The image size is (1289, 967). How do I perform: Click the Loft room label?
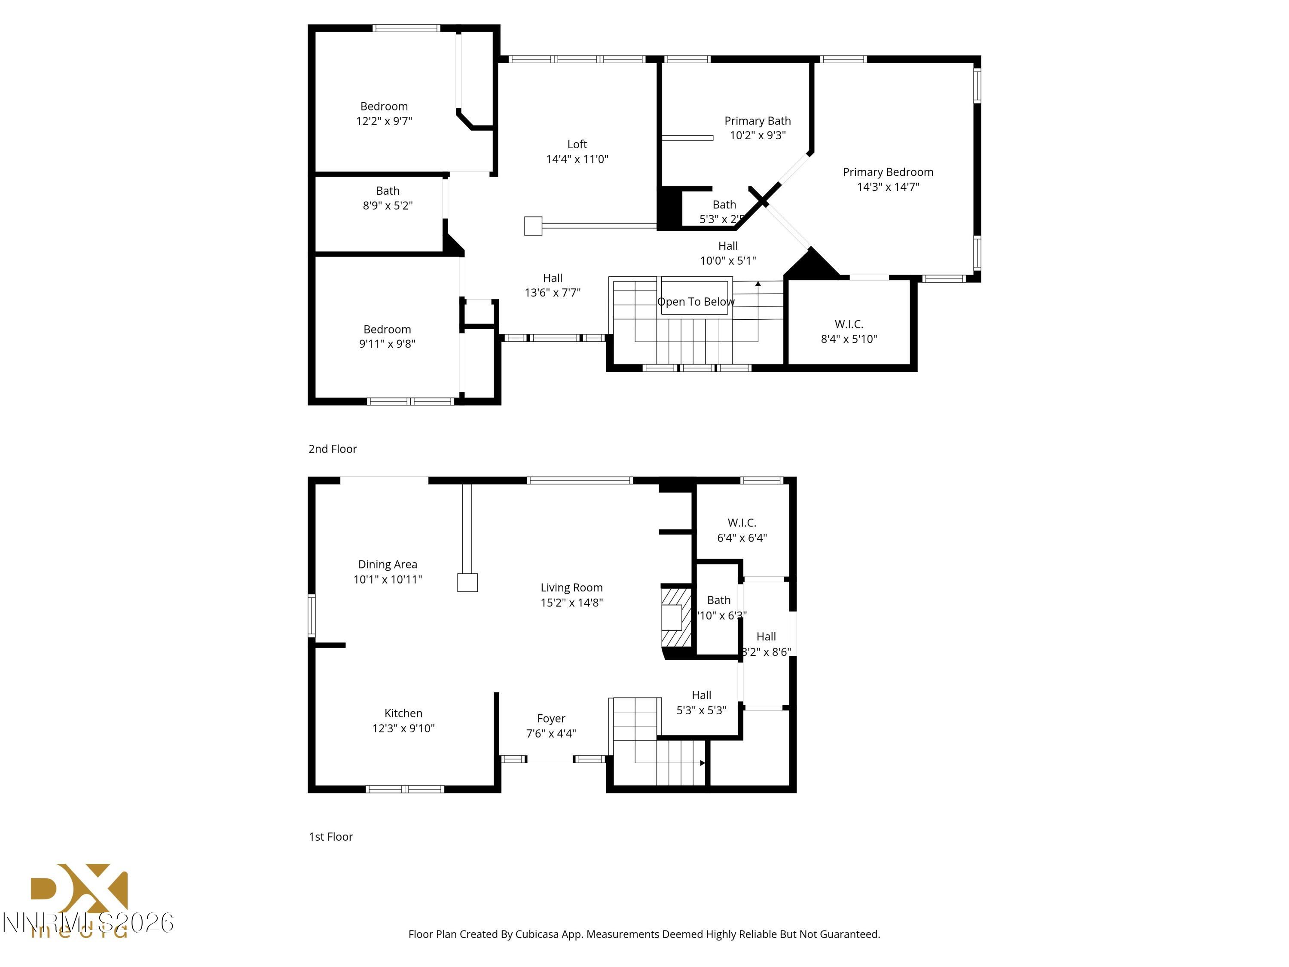[577, 144]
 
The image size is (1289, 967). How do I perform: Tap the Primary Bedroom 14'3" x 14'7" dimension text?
[888, 187]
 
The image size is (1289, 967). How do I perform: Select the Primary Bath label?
[757, 121]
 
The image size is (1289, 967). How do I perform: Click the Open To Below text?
[695, 301]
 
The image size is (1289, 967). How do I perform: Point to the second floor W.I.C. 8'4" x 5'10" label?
[849, 331]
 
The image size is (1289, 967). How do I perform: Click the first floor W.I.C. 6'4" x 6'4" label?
[741, 530]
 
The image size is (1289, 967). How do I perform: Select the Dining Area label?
[387, 564]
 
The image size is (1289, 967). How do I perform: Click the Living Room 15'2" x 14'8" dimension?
[571, 603]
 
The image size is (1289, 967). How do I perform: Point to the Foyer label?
[551, 718]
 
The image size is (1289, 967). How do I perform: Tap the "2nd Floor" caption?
[332, 449]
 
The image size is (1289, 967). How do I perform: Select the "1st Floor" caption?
[330, 836]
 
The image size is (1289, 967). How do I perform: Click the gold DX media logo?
[79, 892]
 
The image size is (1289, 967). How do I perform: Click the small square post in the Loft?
[533, 226]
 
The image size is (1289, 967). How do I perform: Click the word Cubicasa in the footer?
[537, 934]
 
